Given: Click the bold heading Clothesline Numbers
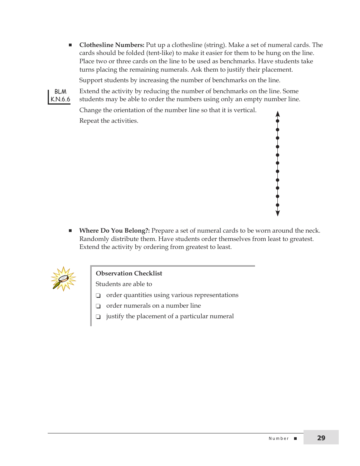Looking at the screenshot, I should [112, 45].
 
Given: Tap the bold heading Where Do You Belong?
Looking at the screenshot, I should [114, 231].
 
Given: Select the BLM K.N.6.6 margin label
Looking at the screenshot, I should [60, 96].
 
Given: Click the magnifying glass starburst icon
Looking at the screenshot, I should [63, 279].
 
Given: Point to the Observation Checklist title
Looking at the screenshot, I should [129, 274].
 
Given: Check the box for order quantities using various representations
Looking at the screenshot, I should [98, 296].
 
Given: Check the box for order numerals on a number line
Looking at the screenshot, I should [98, 306].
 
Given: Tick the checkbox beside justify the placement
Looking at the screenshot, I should [98, 317].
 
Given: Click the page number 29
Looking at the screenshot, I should [321, 438].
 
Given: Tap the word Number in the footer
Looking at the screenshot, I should [279, 439].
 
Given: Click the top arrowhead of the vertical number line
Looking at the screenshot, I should [278, 114].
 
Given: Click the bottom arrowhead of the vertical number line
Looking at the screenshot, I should [278, 214].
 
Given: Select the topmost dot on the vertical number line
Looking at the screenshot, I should [278, 121].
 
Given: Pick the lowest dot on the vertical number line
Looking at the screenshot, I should [278, 205].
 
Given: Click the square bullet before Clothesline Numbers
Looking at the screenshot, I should [70, 45].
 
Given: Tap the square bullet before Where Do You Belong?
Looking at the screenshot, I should [70, 231].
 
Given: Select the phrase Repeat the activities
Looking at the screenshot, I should [109, 121].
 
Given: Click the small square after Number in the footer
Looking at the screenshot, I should [296, 439].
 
